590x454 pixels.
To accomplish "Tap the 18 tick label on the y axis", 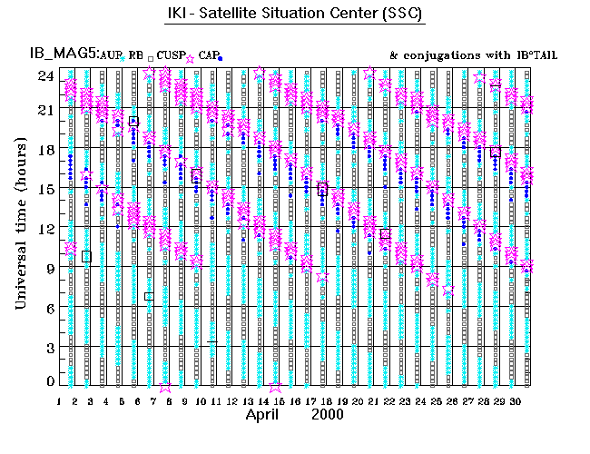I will point(44,150).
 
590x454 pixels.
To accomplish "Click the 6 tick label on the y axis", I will point(47,307).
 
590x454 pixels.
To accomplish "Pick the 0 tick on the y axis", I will point(47,382).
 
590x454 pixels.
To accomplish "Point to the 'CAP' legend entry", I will point(209,54).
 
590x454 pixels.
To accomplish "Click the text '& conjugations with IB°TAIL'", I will point(472,54).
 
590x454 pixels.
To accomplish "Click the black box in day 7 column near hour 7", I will point(149,296).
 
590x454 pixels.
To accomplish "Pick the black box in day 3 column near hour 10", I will point(86,256).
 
